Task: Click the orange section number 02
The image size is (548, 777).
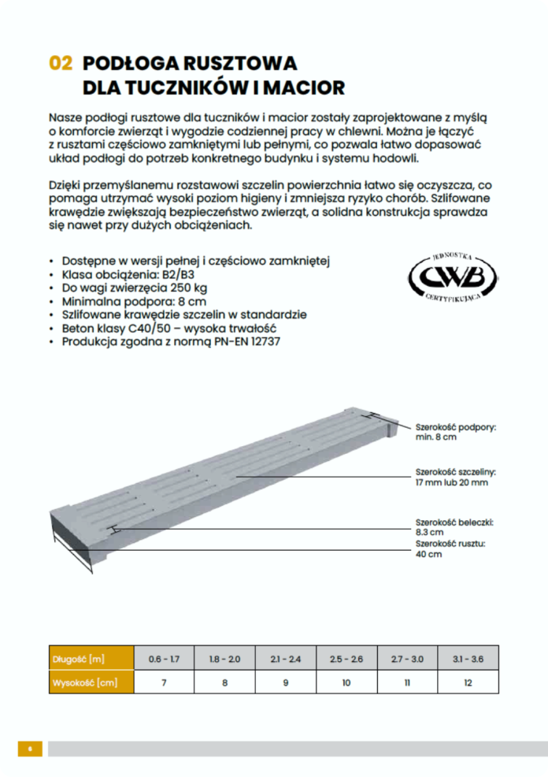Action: pyautogui.click(x=60, y=64)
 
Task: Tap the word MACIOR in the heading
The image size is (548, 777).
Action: pyautogui.click(x=297, y=87)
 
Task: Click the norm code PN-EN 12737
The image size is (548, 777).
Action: pyautogui.click(x=246, y=342)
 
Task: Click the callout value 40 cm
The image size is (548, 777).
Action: pyautogui.click(x=428, y=554)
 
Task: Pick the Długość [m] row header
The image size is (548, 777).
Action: pyautogui.click(x=78, y=659)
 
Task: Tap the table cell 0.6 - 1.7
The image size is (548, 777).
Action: pyautogui.click(x=164, y=659)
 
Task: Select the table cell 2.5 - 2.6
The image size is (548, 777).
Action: pyautogui.click(x=346, y=659)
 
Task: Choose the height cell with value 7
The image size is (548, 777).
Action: pyautogui.click(x=164, y=682)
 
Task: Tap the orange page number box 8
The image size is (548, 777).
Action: pyautogui.click(x=30, y=749)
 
